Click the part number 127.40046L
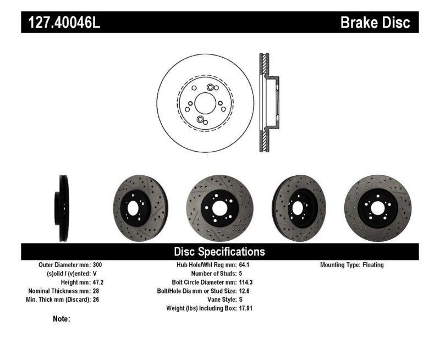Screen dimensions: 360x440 [61, 23]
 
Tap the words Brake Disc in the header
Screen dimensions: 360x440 [375, 23]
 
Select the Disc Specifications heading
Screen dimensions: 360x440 [219, 252]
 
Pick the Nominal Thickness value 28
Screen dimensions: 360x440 [96, 291]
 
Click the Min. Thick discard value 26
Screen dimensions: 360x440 [96, 300]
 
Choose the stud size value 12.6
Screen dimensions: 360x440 [246, 291]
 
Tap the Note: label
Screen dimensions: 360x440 [62, 319]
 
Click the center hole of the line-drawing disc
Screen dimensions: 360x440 [205, 103]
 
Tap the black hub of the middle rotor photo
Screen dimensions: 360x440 [219, 207]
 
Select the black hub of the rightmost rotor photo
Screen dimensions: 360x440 [377, 208]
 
